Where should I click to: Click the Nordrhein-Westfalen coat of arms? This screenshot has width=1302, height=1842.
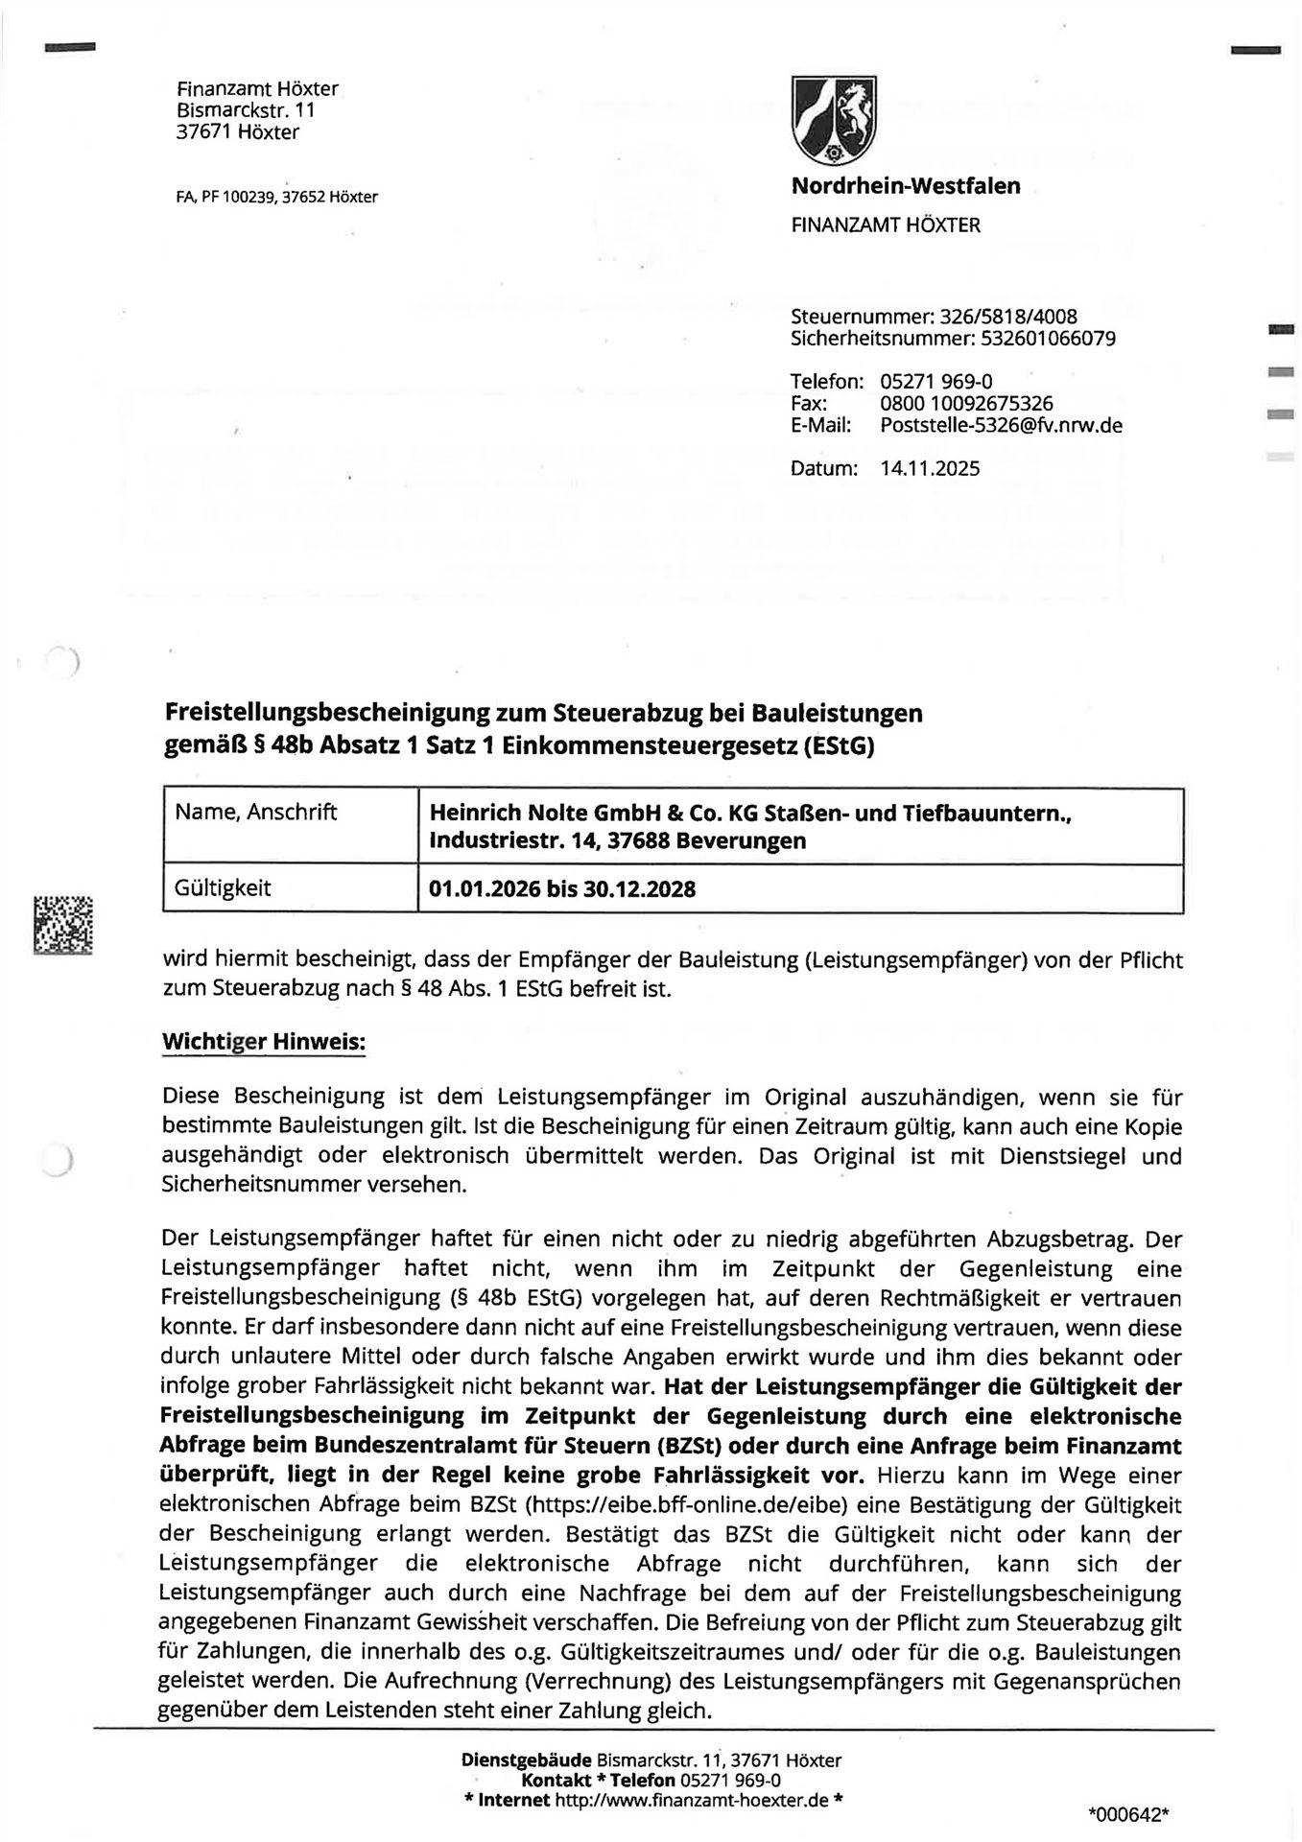(x=834, y=121)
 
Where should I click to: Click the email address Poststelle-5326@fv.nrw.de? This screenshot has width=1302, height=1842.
(x=1001, y=424)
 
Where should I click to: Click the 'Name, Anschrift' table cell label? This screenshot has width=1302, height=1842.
(x=256, y=813)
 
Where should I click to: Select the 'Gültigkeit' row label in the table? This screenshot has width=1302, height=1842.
(x=223, y=887)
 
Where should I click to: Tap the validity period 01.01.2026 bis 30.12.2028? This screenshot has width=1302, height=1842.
(x=562, y=889)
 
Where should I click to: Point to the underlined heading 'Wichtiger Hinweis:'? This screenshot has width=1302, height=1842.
(x=264, y=1041)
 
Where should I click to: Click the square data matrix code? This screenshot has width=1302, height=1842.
(x=63, y=925)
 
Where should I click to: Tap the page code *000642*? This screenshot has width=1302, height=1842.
(x=1129, y=1814)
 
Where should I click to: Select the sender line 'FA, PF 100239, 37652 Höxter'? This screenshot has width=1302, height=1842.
(x=276, y=198)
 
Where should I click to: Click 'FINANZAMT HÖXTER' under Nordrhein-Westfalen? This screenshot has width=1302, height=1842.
(x=885, y=225)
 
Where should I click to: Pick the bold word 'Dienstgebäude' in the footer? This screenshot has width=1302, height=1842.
(x=527, y=1760)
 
